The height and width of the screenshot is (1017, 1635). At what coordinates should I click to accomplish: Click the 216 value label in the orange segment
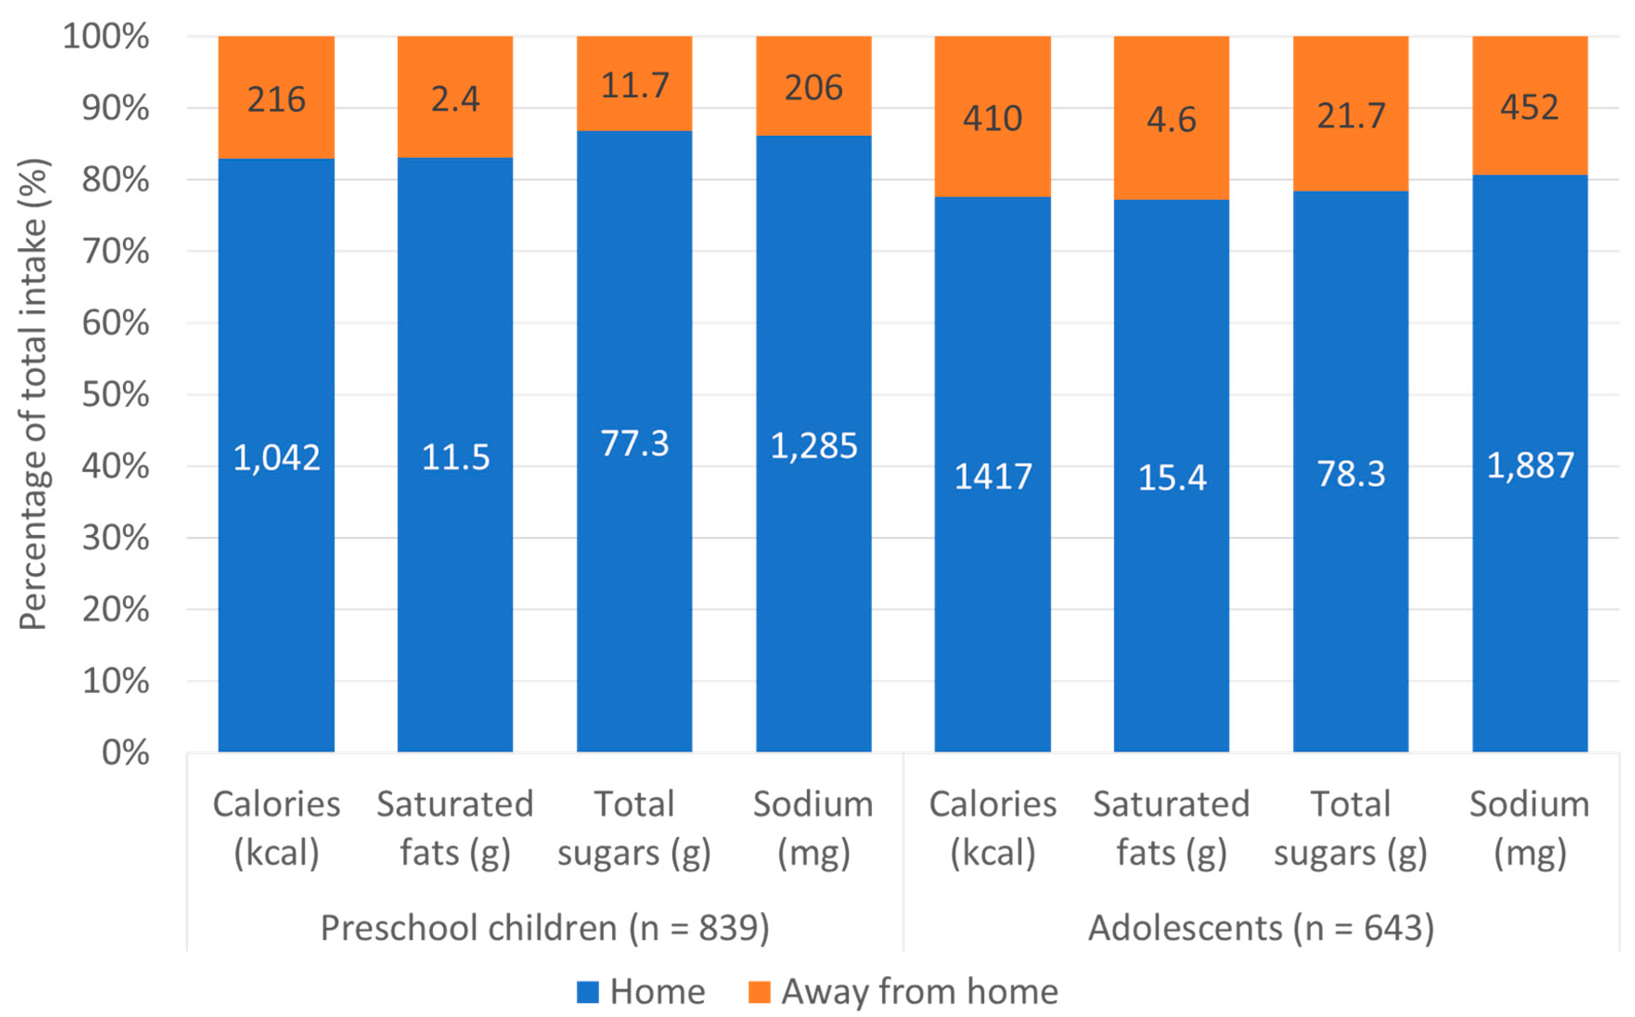tap(276, 100)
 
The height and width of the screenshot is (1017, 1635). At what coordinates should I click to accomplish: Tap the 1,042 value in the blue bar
tap(276, 458)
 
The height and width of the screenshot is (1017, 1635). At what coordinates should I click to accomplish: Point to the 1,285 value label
tap(813, 446)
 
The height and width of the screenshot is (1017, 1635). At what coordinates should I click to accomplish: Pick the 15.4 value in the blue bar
tap(1172, 478)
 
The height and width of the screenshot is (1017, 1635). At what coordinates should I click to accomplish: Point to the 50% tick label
tap(115, 395)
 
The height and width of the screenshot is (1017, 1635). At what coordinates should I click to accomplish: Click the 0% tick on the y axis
tap(125, 753)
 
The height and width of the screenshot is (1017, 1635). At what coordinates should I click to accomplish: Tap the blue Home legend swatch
tap(587, 991)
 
